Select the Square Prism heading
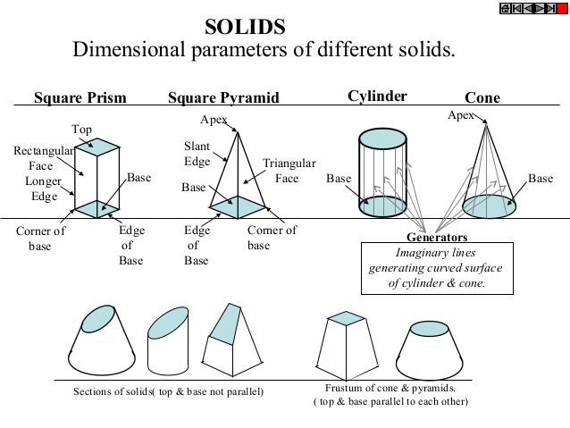click(80, 97)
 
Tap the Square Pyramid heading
click(223, 97)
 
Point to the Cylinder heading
click(376, 97)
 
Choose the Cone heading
click(482, 97)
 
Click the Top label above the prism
click(82, 130)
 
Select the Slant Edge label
click(197, 154)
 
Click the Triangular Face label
click(289, 171)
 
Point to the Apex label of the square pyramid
click(213, 119)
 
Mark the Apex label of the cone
click(459, 116)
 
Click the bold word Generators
click(437, 239)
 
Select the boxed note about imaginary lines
click(437, 268)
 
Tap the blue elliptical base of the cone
click(490, 205)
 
